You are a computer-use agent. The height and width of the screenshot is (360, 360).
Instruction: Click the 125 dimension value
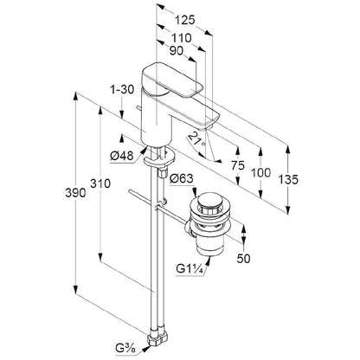(x=185, y=20)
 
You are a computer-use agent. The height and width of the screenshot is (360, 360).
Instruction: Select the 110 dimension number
(x=182, y=37)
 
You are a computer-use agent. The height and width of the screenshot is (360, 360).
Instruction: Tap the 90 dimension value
(x=177, y=51)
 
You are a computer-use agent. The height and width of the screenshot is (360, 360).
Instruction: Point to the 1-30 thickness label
(x=123, y=90)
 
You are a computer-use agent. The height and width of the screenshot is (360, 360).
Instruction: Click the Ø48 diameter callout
(x=122, y=156)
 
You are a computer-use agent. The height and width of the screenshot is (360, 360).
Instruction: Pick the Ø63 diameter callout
(x=182, y=178)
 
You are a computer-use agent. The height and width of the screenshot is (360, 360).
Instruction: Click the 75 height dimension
(x=238, y=165)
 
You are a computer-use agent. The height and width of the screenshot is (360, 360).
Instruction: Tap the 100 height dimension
(x=260, y=173)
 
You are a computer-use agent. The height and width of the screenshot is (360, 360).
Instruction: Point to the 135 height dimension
(x=288, y=180)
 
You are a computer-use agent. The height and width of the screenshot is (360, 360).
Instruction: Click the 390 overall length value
(x=75, y=193)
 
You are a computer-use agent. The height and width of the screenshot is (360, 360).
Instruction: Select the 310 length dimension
(x=100, y=183)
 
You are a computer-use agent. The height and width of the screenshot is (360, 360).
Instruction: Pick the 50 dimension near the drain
(x=244, y=259)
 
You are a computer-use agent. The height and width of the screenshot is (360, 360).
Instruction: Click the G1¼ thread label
(x=190, y=269)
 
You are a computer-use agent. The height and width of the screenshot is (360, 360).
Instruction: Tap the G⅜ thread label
(x=124, y=349)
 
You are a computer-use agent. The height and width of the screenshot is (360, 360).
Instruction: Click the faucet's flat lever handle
(x=172, y=81)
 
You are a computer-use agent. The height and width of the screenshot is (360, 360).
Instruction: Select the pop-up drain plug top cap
(x=209, y=202)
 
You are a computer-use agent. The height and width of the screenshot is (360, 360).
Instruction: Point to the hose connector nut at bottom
(x=157, y=337)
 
